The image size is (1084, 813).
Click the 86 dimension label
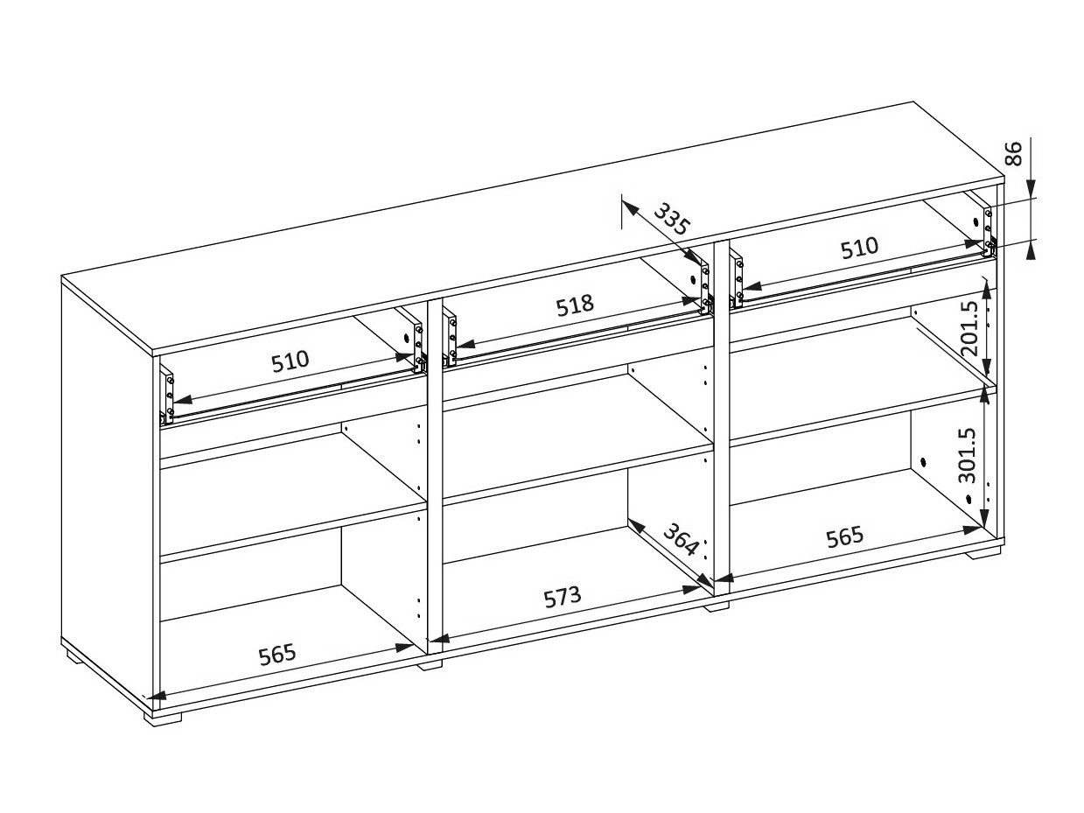(1013, 154)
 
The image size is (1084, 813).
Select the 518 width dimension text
(575, 305)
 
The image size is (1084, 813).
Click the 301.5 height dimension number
(967, 455)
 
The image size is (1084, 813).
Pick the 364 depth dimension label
(680, 539)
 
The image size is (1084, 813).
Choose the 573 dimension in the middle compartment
(562, 597)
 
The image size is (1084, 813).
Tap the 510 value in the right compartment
(858, 248)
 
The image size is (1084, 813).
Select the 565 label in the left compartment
(277, 653)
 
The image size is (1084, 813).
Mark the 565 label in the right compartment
(844, 536)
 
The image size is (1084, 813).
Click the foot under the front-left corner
(164, 715)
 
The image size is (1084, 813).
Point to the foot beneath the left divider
(430, 663)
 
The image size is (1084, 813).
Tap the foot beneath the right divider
(717, 604)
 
